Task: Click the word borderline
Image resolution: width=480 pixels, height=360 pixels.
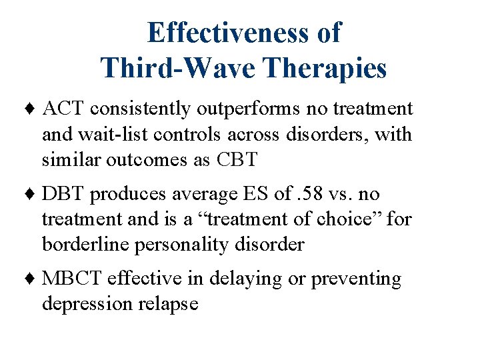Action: [85, 245]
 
